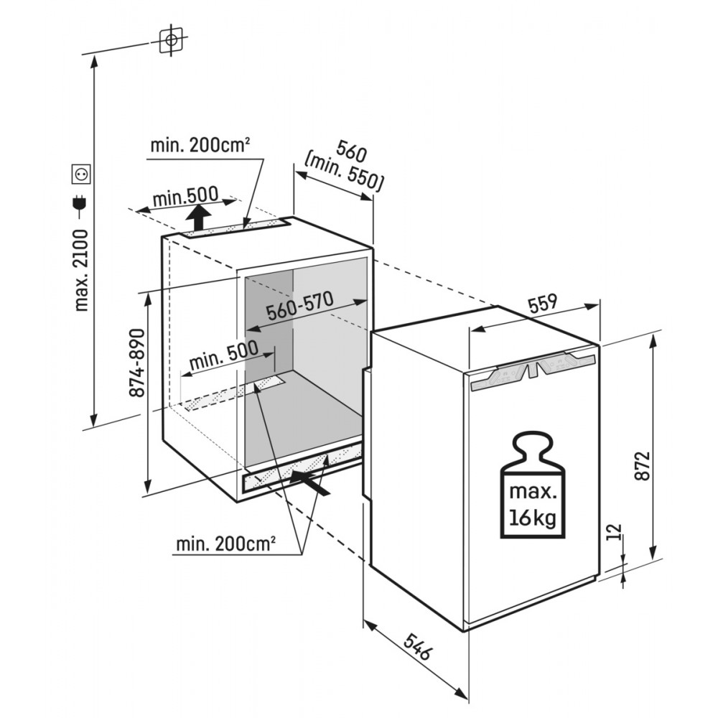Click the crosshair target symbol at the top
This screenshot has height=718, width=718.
(170, 40)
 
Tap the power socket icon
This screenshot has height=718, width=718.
(80, 173)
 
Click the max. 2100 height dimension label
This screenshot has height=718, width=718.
(80, 270)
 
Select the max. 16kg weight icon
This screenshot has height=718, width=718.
(532, 485)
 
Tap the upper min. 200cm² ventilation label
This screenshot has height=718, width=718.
(200, 145)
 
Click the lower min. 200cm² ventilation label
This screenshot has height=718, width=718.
(225, 544)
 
